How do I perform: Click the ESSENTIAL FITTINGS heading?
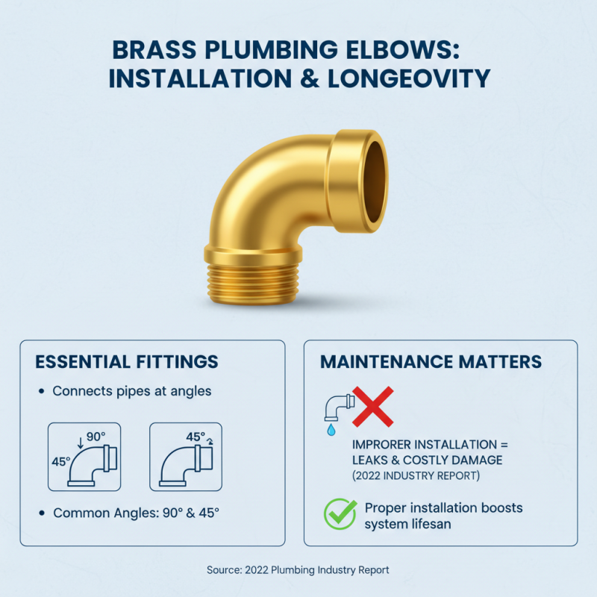[127, 362]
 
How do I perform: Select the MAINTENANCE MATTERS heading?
[431, 362]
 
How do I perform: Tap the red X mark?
[372, 407]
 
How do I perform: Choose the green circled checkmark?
[340, 513]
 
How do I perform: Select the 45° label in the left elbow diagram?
[60, 462]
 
